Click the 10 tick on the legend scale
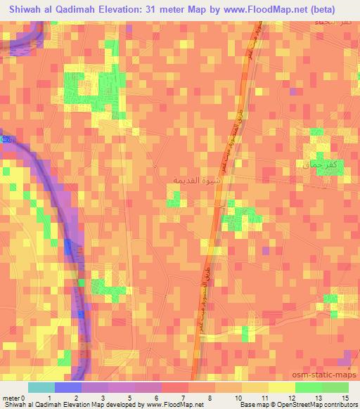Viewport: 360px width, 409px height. pyautogui.click(x=240, y=397)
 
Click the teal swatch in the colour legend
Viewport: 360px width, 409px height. pyautogui.click(x=41, y=387)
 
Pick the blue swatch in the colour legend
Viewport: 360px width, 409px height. pyautogui.click(x=68, y=387)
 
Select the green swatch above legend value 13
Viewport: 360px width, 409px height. pyautogui.click(x=308, y=387)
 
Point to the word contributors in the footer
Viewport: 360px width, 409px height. pyautogui.click(x=339, y=405)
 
